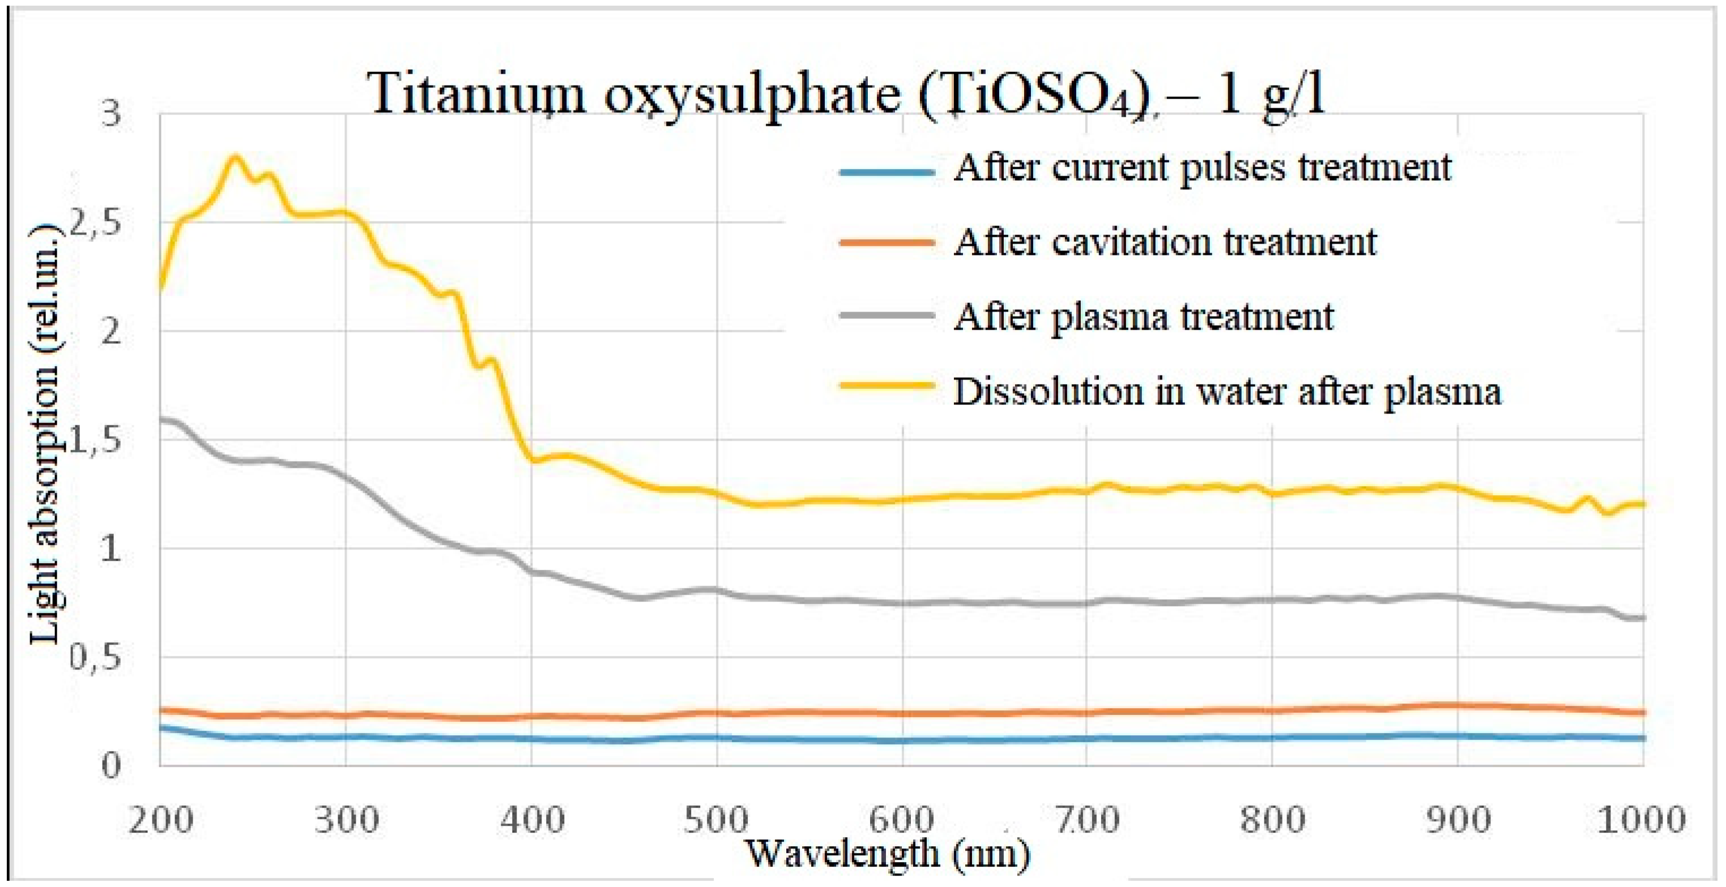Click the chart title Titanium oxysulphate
pos(847,95)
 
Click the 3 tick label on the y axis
pos(110,114)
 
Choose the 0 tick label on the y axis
pos(110,765)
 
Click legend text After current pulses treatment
pos(1202,168)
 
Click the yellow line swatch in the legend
pos(887,385)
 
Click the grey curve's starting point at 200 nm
pos(161,419)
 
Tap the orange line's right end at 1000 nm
pos(1642,713)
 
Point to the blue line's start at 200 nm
pos(161,727)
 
